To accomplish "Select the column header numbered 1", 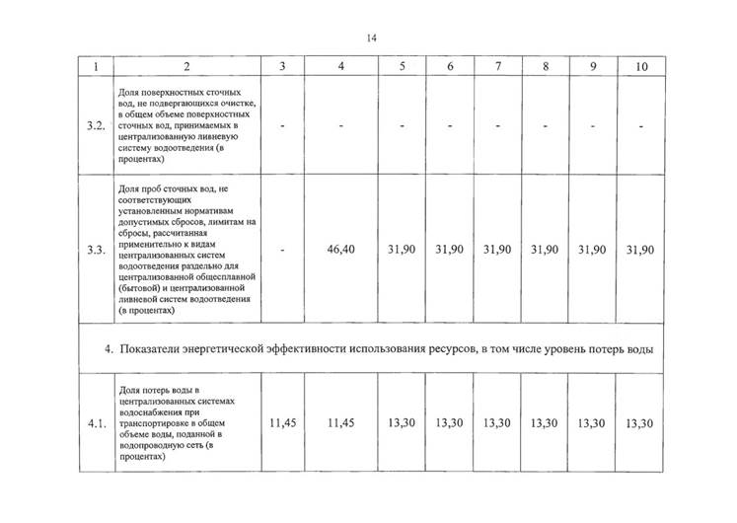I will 95,67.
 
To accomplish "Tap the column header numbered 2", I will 185,67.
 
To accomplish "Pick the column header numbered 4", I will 340,67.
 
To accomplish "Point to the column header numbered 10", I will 641,67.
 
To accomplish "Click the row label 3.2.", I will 95,126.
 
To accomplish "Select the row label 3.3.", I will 95,251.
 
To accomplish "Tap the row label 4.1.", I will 95,423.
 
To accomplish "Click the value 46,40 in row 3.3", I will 340,251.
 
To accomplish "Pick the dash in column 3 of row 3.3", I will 283,251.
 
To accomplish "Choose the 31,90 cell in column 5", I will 402,251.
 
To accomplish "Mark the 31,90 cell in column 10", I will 641,251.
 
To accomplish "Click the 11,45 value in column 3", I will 283,423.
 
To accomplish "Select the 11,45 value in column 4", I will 340,423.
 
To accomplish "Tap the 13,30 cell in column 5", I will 402,423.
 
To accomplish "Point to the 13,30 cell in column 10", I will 641,423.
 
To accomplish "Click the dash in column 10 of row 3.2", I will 641,126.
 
